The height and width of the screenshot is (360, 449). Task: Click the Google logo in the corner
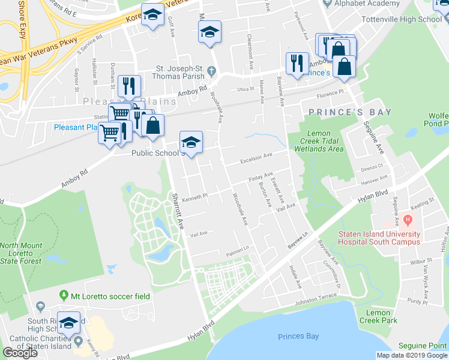(20, 353)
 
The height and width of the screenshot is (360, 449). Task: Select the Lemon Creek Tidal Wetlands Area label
(325, 141)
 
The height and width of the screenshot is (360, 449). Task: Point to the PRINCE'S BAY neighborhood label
(350, 112)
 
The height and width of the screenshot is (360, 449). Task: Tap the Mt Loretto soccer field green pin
(63, 295)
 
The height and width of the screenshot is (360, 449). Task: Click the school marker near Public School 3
(191, 142)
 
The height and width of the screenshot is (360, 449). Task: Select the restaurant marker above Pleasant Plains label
(129, 86)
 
